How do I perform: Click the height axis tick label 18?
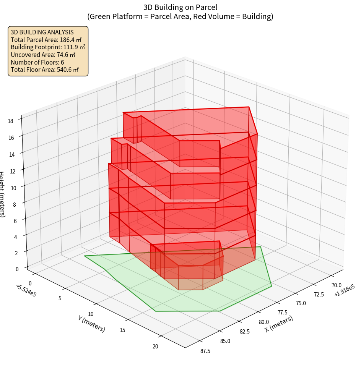click(x=10, y=121)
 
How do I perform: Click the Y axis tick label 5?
click(x=60, y=298)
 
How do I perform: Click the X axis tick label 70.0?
click(x=337, y=285)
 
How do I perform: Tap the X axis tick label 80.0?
click(x=264, y=322)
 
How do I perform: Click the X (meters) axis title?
click(x=279, y=324)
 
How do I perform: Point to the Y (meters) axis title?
click(x=91, y=323)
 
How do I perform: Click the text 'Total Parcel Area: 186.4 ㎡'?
click(x=46, y=39)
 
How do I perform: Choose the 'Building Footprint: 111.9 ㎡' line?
click(x=48, y=47)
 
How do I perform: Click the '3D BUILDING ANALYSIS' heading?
click(x=42, y=32)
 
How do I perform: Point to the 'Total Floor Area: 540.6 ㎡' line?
click(x=44, y=70)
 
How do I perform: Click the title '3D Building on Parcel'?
click(x=180, y=7)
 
